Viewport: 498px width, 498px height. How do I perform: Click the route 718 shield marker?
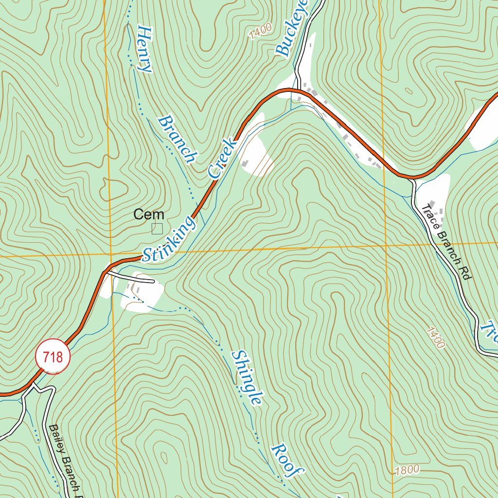53,357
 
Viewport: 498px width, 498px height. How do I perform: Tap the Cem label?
149,214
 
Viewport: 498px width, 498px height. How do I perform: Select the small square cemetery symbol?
157,229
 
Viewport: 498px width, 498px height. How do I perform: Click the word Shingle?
248,377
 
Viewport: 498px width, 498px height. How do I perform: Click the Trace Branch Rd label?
447,241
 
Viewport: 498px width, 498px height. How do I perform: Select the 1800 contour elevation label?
407,470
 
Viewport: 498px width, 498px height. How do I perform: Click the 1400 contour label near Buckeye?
260,33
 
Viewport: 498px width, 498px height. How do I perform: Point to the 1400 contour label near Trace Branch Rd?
436,338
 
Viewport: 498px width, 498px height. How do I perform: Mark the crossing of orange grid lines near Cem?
111,254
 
